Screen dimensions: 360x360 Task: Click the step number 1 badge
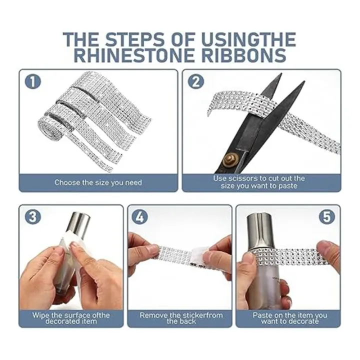tap(33, 82)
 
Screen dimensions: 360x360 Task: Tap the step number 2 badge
tap(196, 82)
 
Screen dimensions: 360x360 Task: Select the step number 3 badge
tap(33, 216)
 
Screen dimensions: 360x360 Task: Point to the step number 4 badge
tap(140, 216)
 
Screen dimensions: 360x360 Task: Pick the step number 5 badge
tap(326, 216)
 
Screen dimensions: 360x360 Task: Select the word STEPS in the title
tap(135, 39)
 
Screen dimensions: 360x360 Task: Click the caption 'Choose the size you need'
tap(98, 182)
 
